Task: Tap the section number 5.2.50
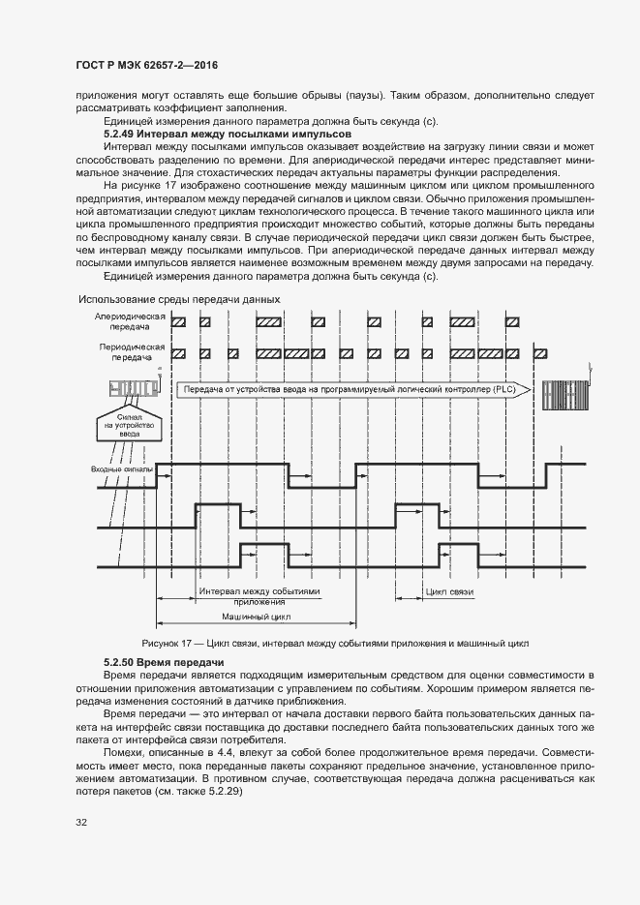[119, 662]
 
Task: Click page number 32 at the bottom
[81, 822]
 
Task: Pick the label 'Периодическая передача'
[130, 351]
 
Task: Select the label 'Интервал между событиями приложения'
[259, 594]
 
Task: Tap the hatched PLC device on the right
[564, 393]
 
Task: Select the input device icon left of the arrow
[130, 389]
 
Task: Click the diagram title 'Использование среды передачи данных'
[179, 299]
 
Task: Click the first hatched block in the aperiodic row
[178, 320]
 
